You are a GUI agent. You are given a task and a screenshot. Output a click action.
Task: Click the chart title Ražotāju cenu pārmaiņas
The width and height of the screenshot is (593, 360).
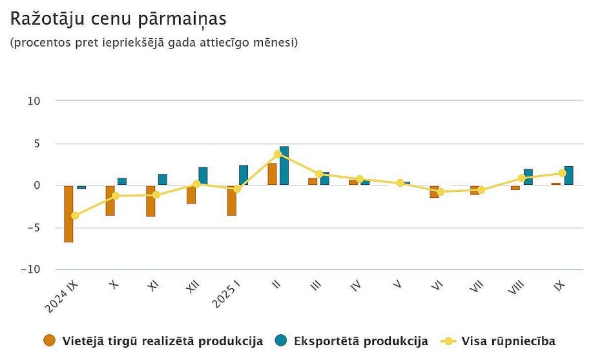click(118, 19)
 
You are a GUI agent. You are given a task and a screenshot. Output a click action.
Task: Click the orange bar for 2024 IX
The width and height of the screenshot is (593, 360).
click(68, 213)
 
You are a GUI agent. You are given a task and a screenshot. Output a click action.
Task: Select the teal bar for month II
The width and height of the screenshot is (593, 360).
click(284, 166)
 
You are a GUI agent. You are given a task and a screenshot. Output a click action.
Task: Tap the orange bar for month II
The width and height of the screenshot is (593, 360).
click(273, 175)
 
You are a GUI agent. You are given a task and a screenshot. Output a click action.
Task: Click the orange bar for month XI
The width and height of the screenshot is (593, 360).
click(151, 200)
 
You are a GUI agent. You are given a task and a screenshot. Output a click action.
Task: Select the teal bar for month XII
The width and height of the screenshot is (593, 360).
click(203, 176)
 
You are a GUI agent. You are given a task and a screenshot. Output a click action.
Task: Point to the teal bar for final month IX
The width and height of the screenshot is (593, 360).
click(568, 176)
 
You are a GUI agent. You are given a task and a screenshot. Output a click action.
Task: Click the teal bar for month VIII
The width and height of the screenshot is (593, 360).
click(528, 177)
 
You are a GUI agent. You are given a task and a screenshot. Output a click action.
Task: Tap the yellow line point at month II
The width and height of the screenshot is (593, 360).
click(278, 154)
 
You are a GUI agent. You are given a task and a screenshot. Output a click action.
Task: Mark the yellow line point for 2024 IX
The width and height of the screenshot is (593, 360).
click(75, 215)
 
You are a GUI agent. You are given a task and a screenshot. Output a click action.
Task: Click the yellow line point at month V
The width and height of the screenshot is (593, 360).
click(401, 183)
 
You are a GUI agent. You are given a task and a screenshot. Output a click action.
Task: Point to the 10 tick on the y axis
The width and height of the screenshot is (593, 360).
click(34, 101)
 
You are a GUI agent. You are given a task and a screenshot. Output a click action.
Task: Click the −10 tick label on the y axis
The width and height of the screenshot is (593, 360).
click(31, 270)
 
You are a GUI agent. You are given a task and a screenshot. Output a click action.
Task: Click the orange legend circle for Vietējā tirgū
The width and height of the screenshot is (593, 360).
click(49, 341)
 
